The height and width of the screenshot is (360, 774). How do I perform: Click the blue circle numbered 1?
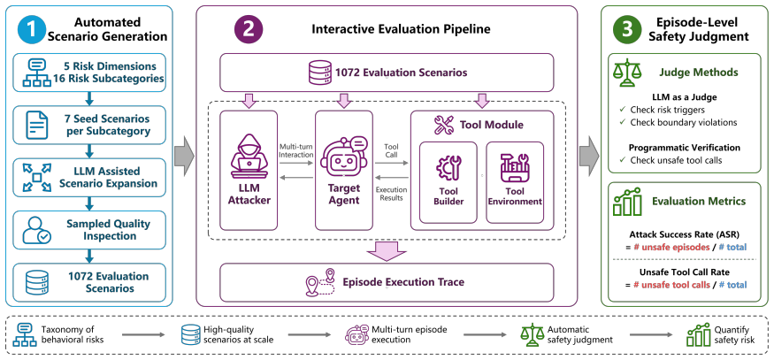point(31,29)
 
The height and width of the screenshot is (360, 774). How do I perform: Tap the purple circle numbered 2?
point(249,29)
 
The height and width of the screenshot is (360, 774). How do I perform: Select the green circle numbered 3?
point(627,29)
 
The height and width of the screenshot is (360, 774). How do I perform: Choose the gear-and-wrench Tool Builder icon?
point(448,168)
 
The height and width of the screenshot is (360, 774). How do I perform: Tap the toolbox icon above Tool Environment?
point(514,168)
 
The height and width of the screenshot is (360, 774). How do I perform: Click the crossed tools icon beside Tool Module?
point(443,125)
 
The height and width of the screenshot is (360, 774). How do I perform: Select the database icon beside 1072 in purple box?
point(321,73)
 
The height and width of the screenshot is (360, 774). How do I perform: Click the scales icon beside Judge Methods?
point(625,73)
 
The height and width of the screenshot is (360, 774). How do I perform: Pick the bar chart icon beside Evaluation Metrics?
point(627,201)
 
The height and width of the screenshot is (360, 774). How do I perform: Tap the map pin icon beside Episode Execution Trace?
point(320,282)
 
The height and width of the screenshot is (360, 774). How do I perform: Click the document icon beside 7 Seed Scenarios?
point(37,126)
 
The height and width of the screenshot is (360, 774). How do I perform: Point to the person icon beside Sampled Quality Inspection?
point(37,230)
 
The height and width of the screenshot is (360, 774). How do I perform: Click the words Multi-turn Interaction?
point(296,150)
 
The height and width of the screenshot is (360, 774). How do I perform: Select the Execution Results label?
point(392,194)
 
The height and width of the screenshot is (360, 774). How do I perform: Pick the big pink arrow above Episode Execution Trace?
point(387,250)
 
